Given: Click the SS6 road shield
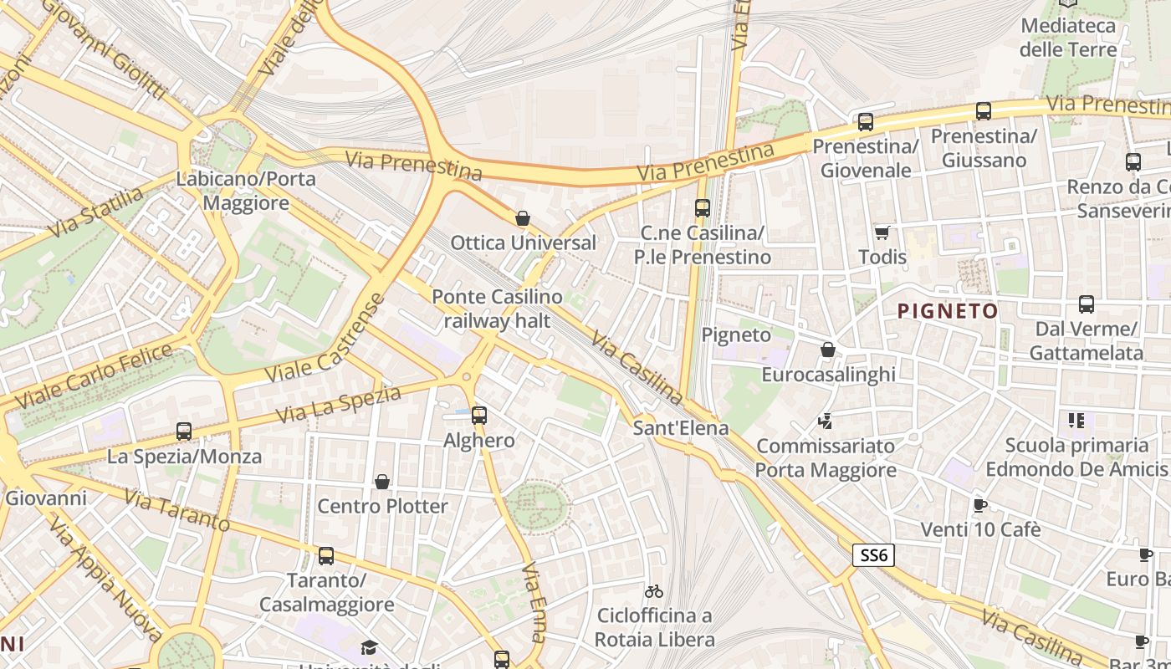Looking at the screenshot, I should (874, 555).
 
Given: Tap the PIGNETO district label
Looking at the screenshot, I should (948, 312).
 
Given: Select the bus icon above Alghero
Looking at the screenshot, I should (479, 415).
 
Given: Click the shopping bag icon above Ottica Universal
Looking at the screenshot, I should (523, 219).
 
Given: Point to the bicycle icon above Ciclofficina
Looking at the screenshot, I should (654, 591).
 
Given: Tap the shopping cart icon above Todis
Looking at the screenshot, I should (882, 232).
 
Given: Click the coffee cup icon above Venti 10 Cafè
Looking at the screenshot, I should (980, 505).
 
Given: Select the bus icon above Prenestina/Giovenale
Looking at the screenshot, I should (866, 122).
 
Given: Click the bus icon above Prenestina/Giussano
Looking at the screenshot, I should (984, 111).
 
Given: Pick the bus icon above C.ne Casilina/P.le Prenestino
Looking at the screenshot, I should (703, 208).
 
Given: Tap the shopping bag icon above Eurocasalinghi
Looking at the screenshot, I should (828, 350).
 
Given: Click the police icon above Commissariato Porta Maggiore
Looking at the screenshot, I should (826, 421).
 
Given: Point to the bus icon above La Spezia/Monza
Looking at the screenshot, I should (184, 432).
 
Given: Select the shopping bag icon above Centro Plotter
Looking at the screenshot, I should (382, 482).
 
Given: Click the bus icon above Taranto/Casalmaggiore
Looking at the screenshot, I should (326, 556).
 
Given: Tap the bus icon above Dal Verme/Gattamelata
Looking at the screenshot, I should (1087, 304).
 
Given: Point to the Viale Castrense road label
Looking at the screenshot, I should (325, 339).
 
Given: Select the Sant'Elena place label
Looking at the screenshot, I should (681, 428).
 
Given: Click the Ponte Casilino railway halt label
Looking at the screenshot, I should (497, 309).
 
